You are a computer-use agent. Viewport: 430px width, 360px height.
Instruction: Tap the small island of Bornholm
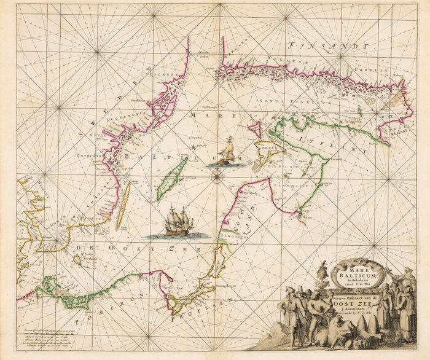[78, 260]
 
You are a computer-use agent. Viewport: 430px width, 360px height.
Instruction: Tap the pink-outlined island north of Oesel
[254, 130]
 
